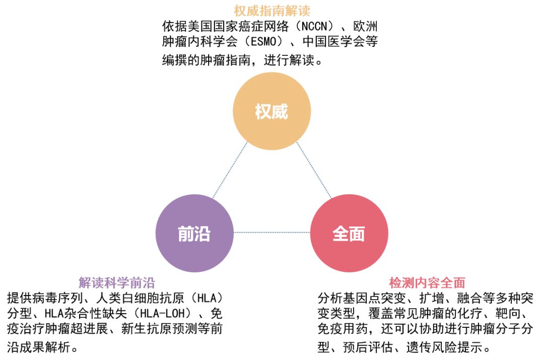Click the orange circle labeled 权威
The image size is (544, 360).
click(x=271, y=111)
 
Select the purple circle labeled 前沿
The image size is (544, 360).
click(x=194, y=233)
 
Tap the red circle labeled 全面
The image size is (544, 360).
click(x=349, y=233)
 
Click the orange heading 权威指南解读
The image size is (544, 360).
click(x=271, y=10)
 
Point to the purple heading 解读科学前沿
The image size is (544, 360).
click(x=116, y=282)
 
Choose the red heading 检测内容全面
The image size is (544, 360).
click(x=427, y=282)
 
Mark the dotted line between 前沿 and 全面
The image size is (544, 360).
click(x=271, y=232)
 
